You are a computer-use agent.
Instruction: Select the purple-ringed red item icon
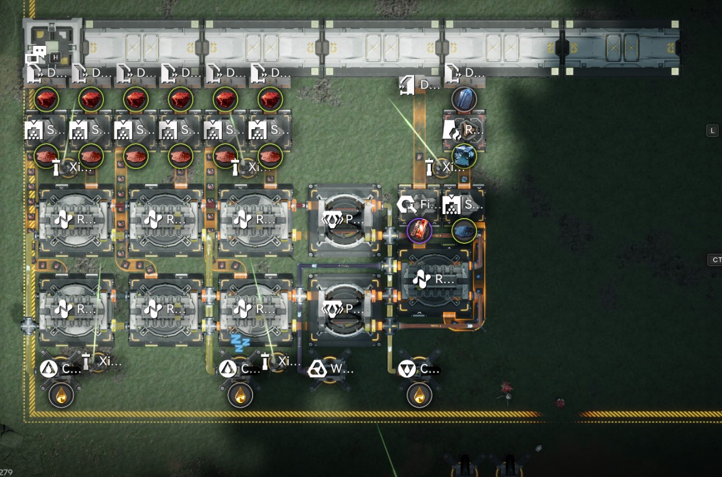[x=419, y=230]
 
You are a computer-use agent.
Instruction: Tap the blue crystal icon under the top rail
[x=464, y=99]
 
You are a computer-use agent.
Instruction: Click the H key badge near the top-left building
[x=55, y=57]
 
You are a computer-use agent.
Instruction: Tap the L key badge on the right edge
[x=712, y=130]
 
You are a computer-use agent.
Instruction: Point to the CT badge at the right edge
[x=715, y=260]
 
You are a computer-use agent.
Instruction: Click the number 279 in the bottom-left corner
[x=6, y=473]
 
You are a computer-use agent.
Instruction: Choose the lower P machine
[x=345, y=309]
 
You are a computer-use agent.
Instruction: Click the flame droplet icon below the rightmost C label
[x=419, y=395]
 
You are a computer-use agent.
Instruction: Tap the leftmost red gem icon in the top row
[x=46, y=100]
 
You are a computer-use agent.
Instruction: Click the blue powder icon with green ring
[x=464, y=230]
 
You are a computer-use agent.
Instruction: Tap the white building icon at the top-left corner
[x=37, y=54]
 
